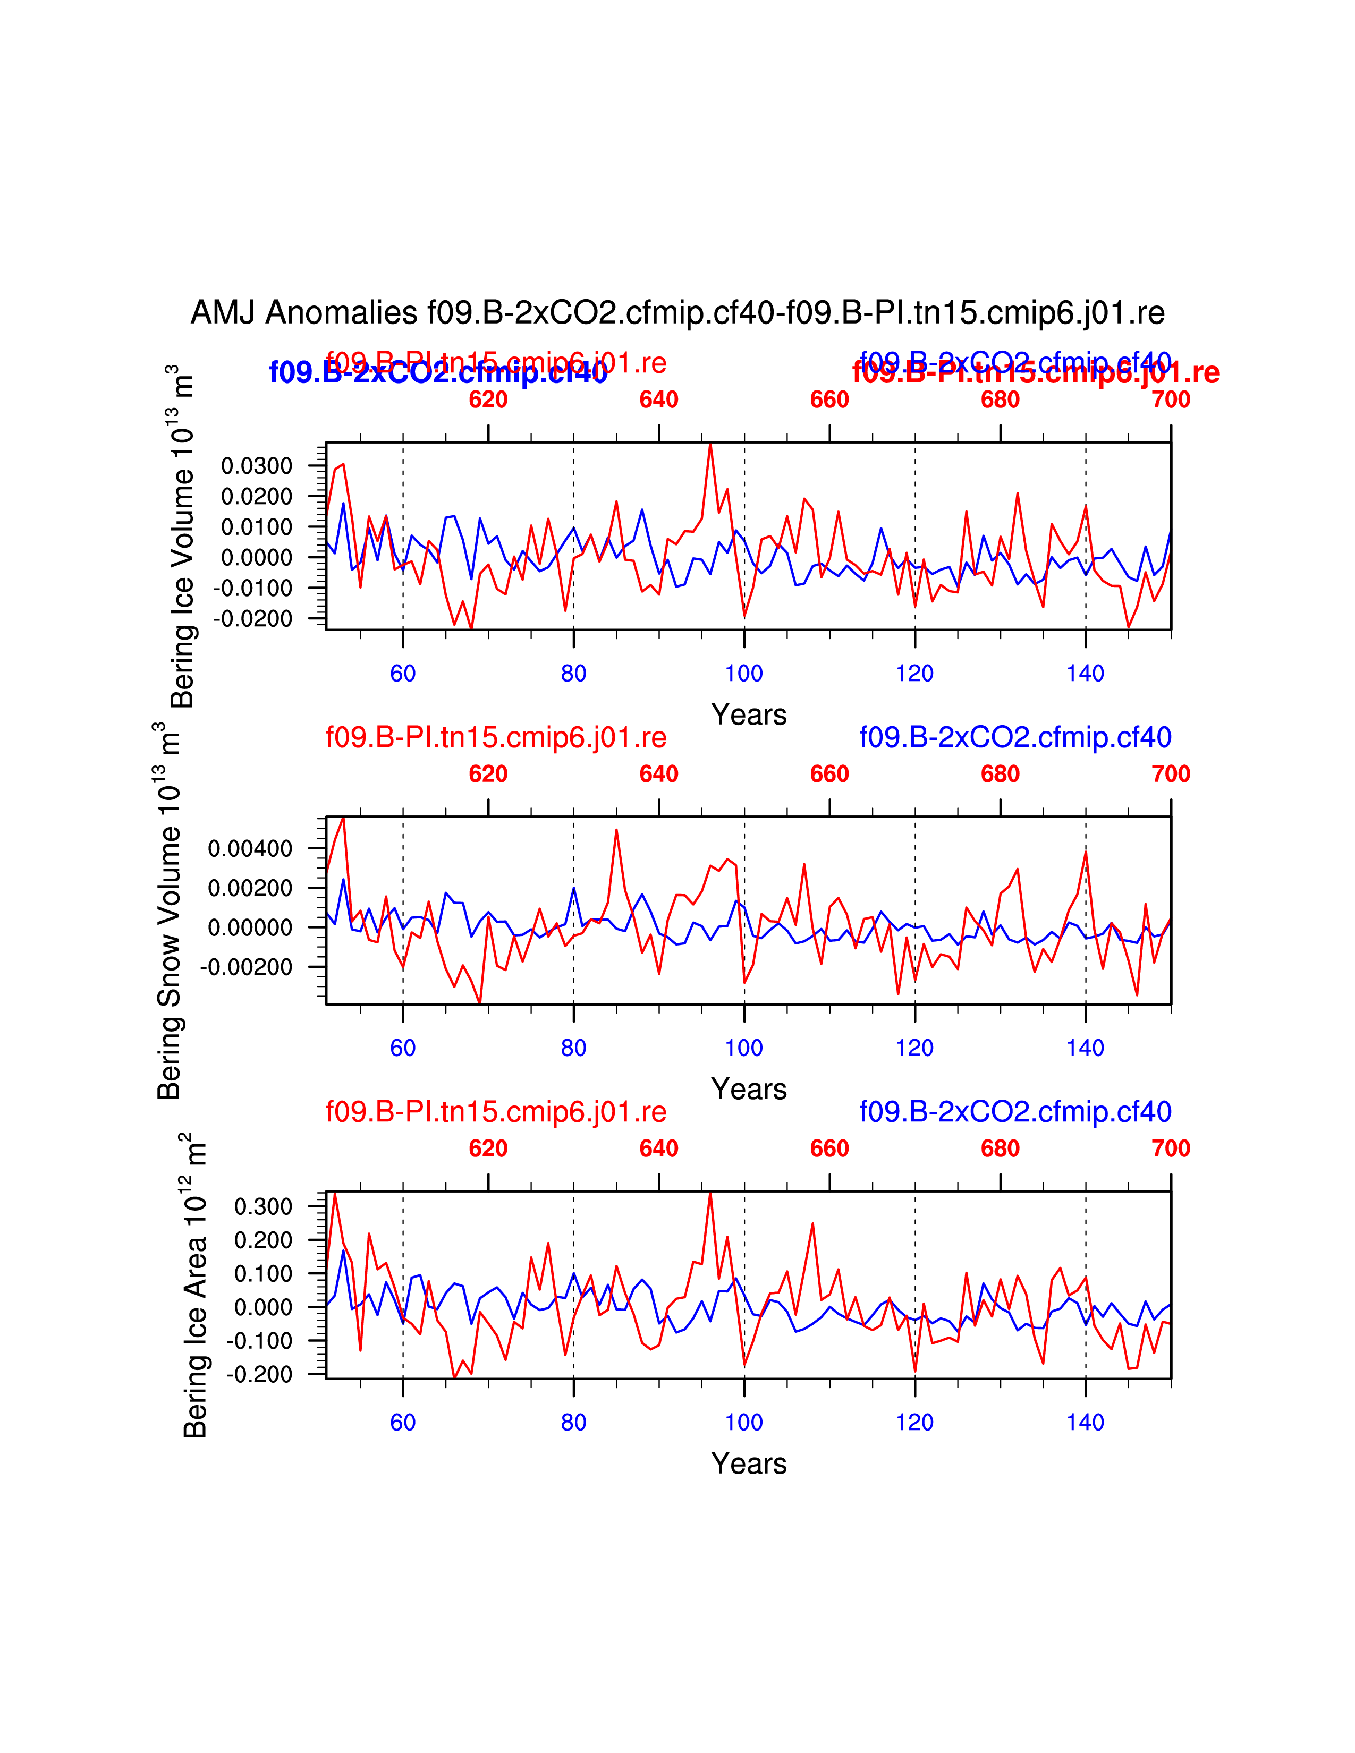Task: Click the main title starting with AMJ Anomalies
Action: (676, 312)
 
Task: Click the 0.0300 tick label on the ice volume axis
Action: (256, 465)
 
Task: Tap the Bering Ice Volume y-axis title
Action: (183, 536)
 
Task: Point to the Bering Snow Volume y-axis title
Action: (168, 911)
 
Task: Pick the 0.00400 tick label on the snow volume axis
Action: (250, 848)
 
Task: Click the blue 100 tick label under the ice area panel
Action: (744, 1422)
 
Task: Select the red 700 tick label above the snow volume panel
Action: (1171, 774)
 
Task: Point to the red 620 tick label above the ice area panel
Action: (488, 1148)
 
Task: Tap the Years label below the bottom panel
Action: (748, 1463)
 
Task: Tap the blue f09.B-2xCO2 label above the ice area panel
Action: (1014, 1112)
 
